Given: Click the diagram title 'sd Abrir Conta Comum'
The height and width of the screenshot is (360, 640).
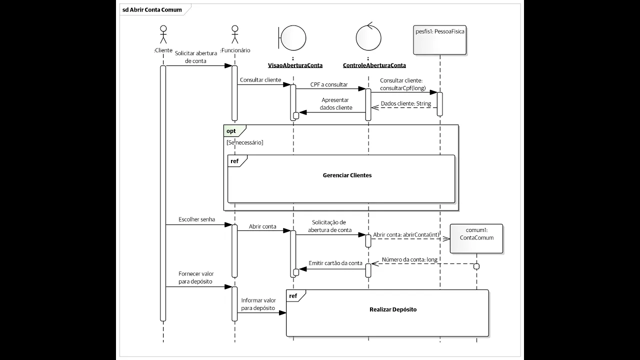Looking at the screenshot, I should (152, 9).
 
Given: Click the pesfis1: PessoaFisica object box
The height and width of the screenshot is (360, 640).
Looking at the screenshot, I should (440, 39).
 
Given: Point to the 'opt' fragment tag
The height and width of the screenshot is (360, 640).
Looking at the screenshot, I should (231, 131).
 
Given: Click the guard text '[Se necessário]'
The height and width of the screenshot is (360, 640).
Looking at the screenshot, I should (245, 143).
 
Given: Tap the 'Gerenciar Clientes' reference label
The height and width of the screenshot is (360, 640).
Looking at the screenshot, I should (347, 175).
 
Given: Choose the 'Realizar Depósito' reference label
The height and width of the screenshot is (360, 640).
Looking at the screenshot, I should (393, 309).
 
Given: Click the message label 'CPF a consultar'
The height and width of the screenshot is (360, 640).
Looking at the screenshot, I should (329, 84).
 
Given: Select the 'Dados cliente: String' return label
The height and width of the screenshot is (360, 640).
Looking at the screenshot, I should (405, 103).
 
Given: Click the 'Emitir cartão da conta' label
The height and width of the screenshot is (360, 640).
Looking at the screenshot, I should (335, 263).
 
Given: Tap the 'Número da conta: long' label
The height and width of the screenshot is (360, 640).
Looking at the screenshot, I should (409, 259).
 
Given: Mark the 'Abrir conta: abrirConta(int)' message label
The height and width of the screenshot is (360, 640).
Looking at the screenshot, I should (406, 234).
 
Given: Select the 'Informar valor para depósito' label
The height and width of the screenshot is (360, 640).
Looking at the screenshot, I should (258, 304).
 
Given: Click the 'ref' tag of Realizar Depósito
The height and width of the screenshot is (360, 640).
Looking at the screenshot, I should (293, 296).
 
